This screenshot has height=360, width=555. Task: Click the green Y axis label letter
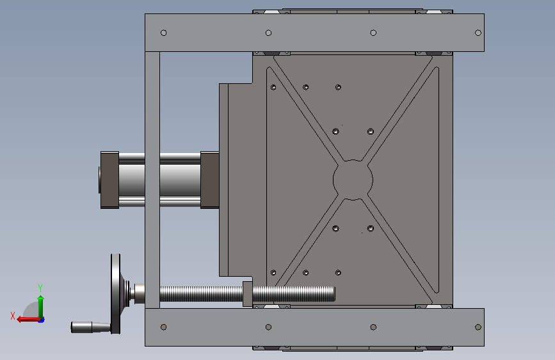(x=40, y=288)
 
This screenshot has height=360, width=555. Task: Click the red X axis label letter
(x=13, y=316)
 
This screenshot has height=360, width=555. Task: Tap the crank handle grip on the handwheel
(x=91, y=327)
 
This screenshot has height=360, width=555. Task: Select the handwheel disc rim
(x=115, y=294)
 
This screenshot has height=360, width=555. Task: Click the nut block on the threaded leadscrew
(x=248, y=294)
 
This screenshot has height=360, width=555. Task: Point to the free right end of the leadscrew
(x=334, y=294)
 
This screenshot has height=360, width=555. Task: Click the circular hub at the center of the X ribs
(x=353, y=180)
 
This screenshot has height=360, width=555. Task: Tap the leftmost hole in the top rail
(x=163, y=33)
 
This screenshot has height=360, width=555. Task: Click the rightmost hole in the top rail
(x=478, y=33)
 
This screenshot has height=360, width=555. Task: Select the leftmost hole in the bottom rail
(x=163, y=327)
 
